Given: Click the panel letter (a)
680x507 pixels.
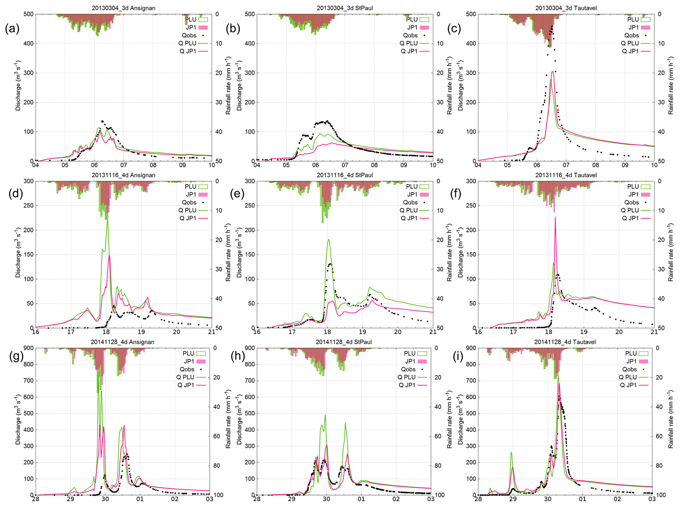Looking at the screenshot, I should coord(12,29).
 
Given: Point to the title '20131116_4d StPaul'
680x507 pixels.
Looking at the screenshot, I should coord(344,175).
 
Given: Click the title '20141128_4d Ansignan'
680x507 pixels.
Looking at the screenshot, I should coord(122,342).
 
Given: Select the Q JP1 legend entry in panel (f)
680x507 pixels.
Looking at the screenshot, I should coord(630,218).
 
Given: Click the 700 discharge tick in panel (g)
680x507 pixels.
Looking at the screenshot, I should coord(29,381).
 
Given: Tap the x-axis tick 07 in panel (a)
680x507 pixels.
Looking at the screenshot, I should coord(123,165).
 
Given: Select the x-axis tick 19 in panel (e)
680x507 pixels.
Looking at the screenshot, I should coord(362,332).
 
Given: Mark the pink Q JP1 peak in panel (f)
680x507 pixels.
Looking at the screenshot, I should coord(555,218).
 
